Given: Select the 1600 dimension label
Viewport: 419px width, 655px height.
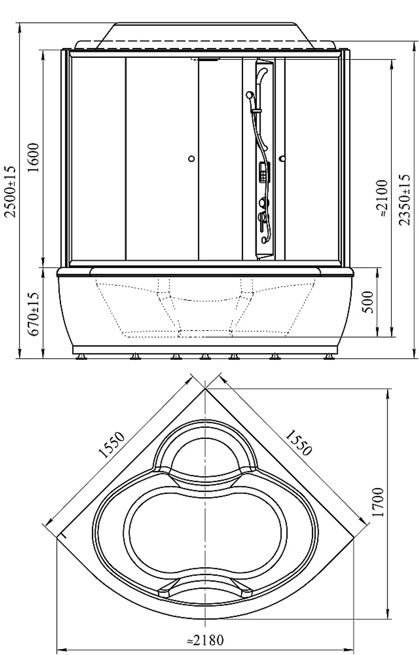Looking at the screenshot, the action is pos(34,158).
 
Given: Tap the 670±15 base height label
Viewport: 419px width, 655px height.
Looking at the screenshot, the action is pos(34,314).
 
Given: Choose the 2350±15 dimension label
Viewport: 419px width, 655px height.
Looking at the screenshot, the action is pos(405,200).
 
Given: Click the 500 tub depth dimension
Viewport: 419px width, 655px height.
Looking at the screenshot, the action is pos(369,302).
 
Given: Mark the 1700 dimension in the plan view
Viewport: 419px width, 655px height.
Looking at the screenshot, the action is pos(378,502).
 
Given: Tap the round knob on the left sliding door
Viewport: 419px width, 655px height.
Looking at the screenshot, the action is pos(191,159).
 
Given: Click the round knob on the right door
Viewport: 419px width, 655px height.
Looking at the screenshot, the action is pos(282,159).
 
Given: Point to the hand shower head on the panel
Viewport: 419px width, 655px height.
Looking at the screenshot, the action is pos(249,95).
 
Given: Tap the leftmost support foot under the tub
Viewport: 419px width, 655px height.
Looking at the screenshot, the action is pos(81,357).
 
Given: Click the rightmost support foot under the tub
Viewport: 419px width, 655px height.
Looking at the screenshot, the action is pos(329,357).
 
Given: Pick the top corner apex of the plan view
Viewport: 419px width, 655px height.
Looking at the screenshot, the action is pos(205,388).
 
